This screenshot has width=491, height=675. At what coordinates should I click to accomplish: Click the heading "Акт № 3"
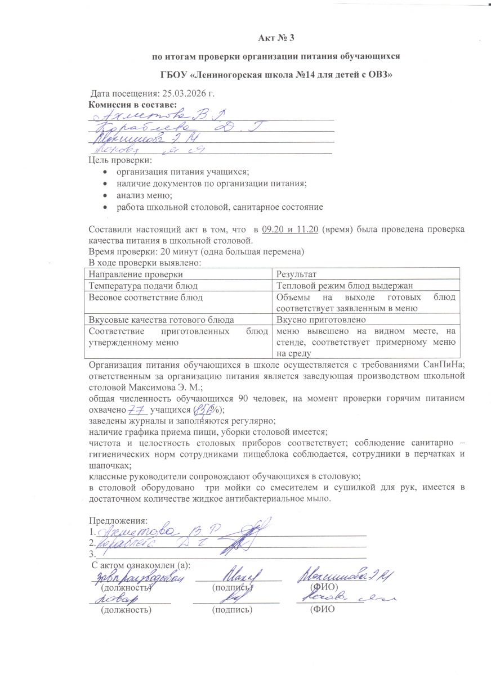[276, 38]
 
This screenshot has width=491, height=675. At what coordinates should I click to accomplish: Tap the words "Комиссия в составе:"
[133, 104]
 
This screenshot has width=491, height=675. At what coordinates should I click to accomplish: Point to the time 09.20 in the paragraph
[273, 229]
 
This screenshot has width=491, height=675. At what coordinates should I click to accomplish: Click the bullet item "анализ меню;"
[144, 195]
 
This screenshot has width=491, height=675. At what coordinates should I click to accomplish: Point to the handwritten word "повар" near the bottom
[119, 599]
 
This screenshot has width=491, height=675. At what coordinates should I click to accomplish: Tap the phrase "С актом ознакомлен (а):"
[141, 565]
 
